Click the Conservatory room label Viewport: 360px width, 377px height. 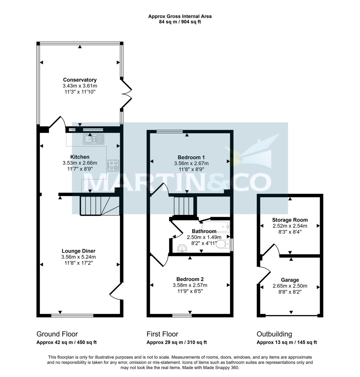pos(80,80)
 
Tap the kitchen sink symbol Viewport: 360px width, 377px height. pos(93,138)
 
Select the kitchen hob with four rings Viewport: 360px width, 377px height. pos(113,165)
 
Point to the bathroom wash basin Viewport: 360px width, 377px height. pos(182,249)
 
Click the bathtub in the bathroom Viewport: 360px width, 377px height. pos(216,225)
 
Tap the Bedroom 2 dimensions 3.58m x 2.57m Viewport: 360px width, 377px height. pos(190,285)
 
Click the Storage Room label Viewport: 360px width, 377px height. pos(290,220)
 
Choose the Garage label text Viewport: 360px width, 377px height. pos(290,280)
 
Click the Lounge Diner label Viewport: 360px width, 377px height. pos(78,251)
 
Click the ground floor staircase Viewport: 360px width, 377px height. pos(94,206)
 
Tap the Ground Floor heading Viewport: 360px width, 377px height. pos(57,334)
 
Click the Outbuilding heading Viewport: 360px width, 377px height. pos(274,334)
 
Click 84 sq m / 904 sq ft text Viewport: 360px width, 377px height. pos(180,22)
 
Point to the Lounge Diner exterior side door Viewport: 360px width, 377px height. pos(116,291)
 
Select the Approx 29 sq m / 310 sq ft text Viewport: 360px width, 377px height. pos(177,342)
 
